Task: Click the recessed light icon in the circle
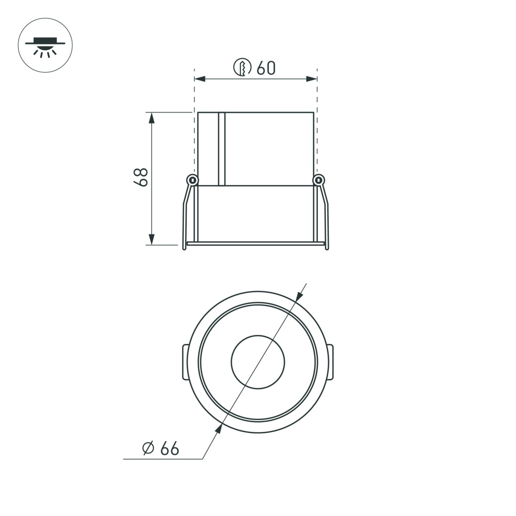45,45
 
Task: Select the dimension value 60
266,68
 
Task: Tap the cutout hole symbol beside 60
243,68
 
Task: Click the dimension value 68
140,177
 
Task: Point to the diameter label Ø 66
160,448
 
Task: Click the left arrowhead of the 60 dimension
200,79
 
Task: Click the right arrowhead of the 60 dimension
311,79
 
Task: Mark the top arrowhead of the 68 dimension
152,118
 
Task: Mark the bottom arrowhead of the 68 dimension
152,239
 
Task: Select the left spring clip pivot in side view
192,180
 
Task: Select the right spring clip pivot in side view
319,180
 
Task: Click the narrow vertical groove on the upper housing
222,149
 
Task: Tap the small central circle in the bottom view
257,362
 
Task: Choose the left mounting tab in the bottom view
184,362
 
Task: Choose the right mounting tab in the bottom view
331,362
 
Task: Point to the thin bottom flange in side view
256,243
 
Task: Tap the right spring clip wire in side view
326,217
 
